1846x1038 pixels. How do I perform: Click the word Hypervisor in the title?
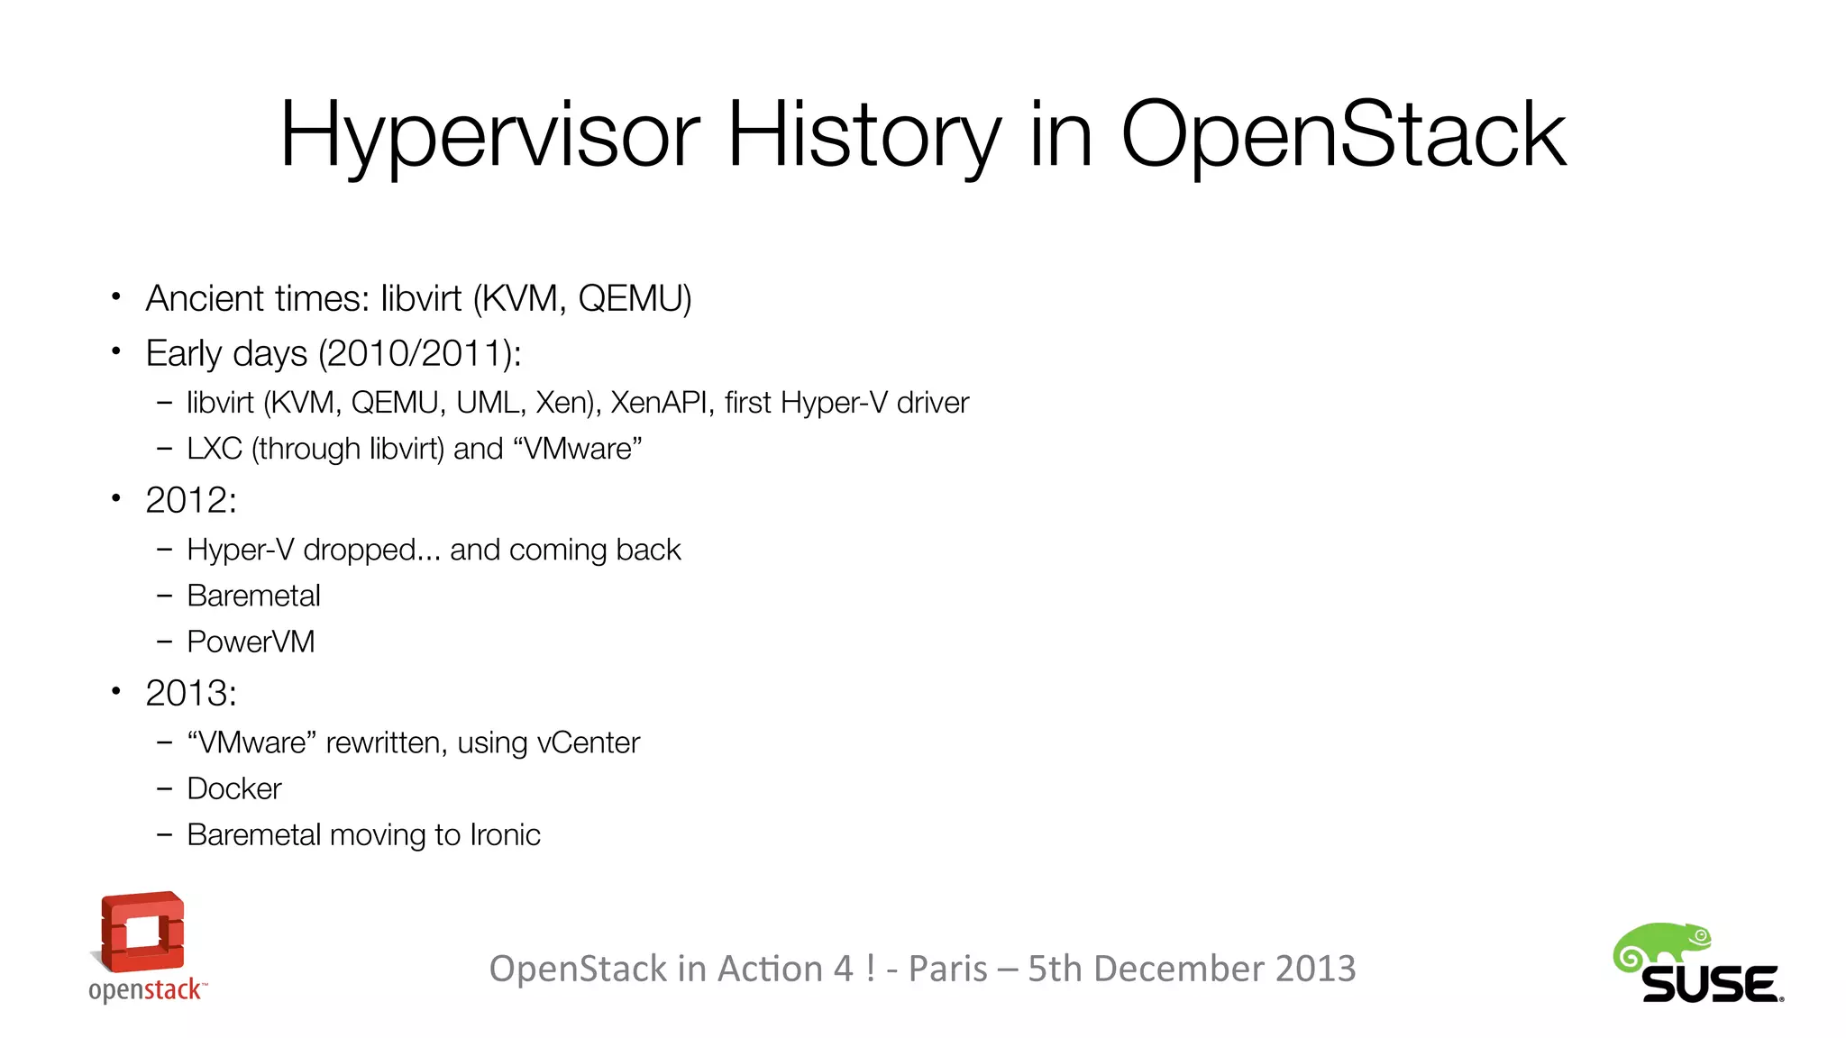pos(489,135)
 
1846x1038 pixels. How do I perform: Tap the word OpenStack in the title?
pos(1342,135)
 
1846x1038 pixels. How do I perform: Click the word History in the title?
pos(863,135)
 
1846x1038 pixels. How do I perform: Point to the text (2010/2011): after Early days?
pos(419,353)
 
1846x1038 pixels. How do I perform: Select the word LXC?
pos(215,449)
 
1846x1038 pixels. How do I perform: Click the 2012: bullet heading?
pos(191,500)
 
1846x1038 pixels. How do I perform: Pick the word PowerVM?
pos(251,642)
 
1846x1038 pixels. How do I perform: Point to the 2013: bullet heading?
pos(191,693)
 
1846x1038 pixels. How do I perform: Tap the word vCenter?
pos(588,742)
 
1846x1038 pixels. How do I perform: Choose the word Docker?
pos(234,788)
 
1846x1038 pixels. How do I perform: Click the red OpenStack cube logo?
pos(142,933)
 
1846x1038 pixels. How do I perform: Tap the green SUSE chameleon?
pos(1661,946)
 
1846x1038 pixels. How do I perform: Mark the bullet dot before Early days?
pos(115,351)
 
